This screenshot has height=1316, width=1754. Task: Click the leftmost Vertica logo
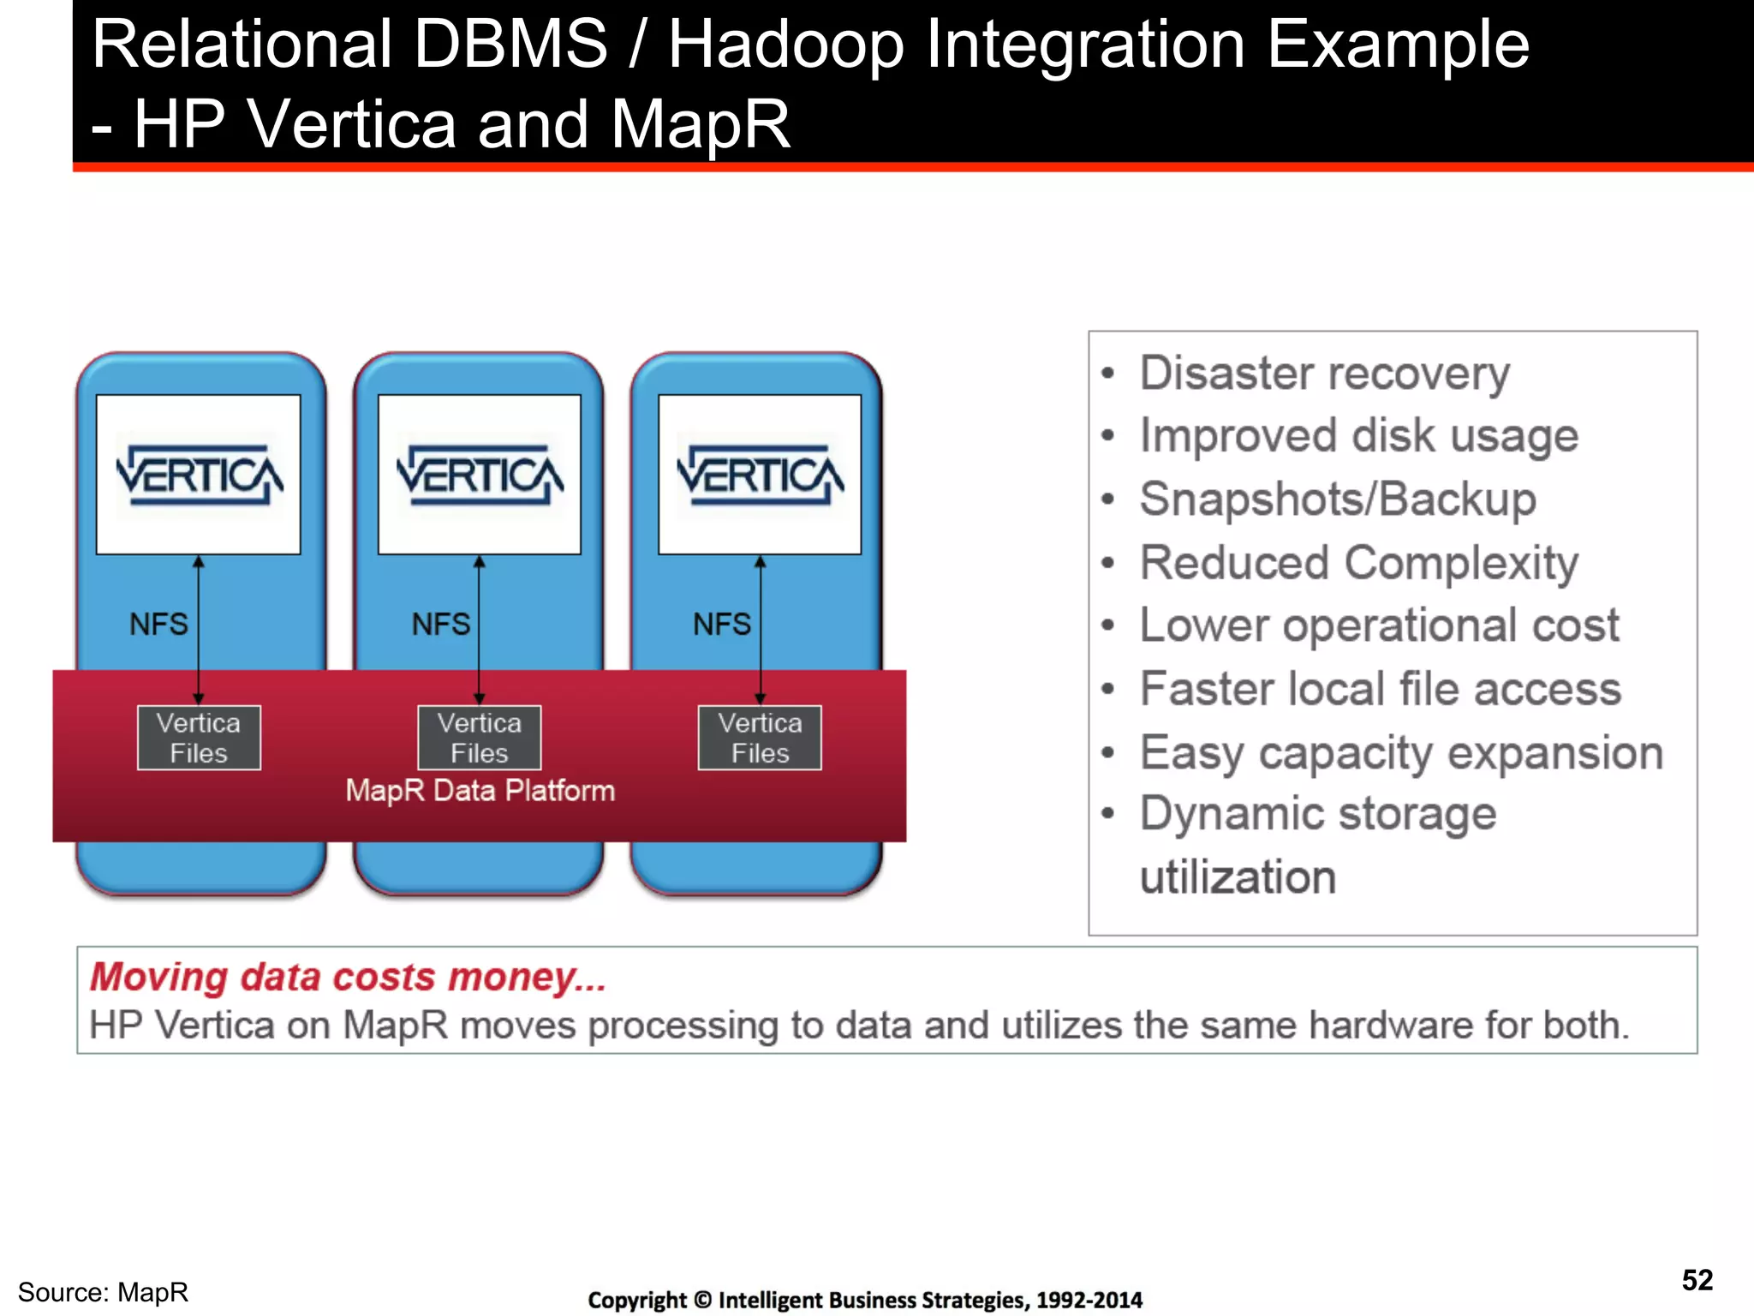click(199, 475)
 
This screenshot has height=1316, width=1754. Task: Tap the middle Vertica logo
click(480, 475)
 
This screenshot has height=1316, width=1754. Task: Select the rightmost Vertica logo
click(760, 475)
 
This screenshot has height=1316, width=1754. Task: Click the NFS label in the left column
click(158, 624)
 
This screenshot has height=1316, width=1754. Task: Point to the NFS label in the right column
click(721, 624)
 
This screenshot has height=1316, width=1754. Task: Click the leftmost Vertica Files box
click(199, 738)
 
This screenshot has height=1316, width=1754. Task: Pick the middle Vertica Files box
click(480, 738)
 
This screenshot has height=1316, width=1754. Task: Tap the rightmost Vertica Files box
click(760, 738)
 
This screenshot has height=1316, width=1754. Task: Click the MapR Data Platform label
click(480, 790)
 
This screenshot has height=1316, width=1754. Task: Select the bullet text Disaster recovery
click(1324, 374)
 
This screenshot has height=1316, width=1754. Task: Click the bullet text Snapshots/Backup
click(1338, 499)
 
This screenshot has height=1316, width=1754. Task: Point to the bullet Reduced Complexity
click(1358, 563)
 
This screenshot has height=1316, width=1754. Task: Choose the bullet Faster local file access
click(1381, 689)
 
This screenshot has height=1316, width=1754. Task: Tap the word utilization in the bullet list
click(1238, 877)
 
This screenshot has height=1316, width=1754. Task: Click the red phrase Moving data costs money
click(348, 977)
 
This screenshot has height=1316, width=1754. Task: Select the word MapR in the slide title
click(700, 124)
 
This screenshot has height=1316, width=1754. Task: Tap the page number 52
click(1697, 1280)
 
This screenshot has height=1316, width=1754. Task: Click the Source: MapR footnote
click(103, 1292)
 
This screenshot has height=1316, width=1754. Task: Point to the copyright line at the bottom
click(865, 1300)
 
